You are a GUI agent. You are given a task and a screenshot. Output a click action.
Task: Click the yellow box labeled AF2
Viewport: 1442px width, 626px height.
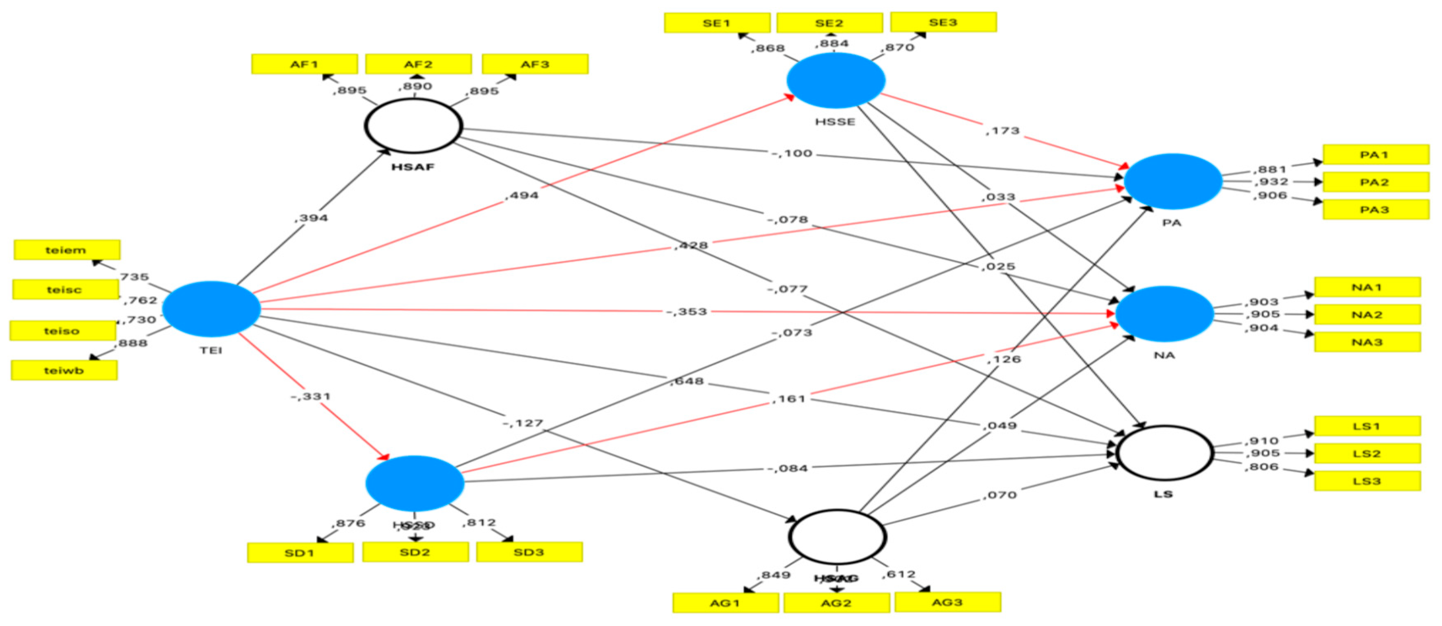coord(418,64)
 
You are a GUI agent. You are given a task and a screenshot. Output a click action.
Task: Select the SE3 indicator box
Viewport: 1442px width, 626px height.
coord(943,23)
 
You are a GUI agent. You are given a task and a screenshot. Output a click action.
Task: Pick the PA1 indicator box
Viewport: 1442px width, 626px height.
coord(1376,154)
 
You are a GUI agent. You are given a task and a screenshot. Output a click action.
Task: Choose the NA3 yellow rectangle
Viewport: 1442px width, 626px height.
coord(1367,342)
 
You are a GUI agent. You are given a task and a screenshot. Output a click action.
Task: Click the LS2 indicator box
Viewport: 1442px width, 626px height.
coord(1367,454)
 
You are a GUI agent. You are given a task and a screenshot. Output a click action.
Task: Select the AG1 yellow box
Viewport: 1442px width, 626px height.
coord(725,603)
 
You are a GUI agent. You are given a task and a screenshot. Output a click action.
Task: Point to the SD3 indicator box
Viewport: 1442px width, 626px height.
coord(529,553)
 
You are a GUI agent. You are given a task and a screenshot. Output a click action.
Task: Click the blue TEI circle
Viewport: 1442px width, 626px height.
coord(211,309)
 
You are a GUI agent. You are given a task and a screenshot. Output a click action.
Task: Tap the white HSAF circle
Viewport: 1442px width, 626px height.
coord(414,126)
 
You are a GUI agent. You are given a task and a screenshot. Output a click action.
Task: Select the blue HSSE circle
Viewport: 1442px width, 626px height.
coord(836,80)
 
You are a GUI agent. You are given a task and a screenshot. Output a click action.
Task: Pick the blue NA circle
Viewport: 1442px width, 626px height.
coord(1165,314)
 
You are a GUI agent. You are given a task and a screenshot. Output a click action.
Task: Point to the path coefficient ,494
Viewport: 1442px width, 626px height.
coord(522,195)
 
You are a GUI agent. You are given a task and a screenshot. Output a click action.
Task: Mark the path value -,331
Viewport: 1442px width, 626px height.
coord(311,397)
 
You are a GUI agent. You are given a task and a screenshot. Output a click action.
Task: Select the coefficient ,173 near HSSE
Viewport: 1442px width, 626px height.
coord(1002,131)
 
